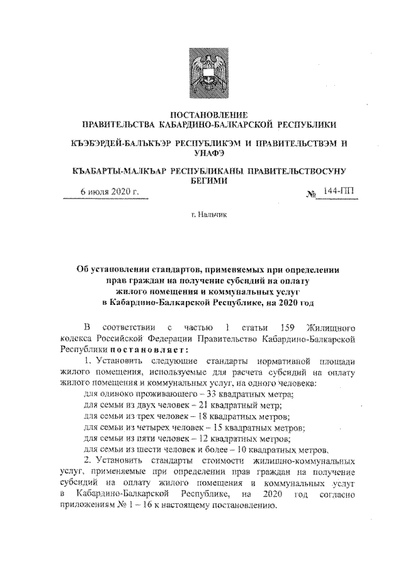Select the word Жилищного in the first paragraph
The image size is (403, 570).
click(x=331, y=327)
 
